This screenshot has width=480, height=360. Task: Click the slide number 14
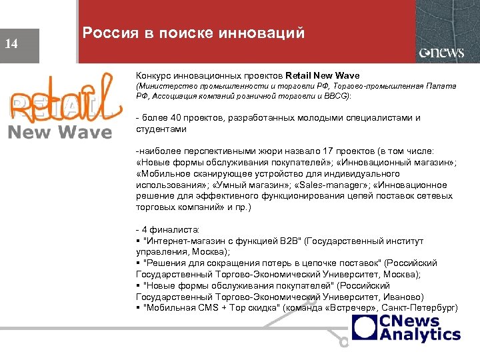point(11,45)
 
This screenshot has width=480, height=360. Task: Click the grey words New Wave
point(60,132)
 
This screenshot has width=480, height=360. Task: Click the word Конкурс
point(154,75)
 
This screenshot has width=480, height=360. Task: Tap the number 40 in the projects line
point(176,118)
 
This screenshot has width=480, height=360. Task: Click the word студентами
point(161,129)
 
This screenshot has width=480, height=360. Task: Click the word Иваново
point(395,297)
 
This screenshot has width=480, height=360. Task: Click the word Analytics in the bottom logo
point(419,335)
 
